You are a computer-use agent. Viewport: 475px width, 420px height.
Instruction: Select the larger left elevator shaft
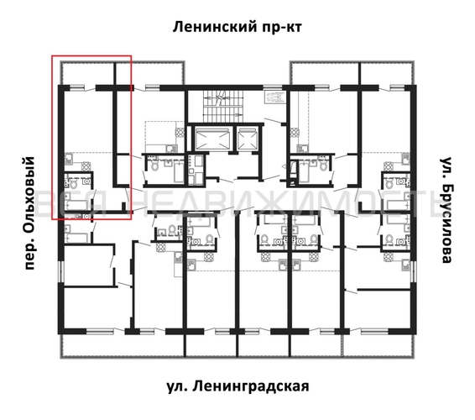(209, 139)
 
